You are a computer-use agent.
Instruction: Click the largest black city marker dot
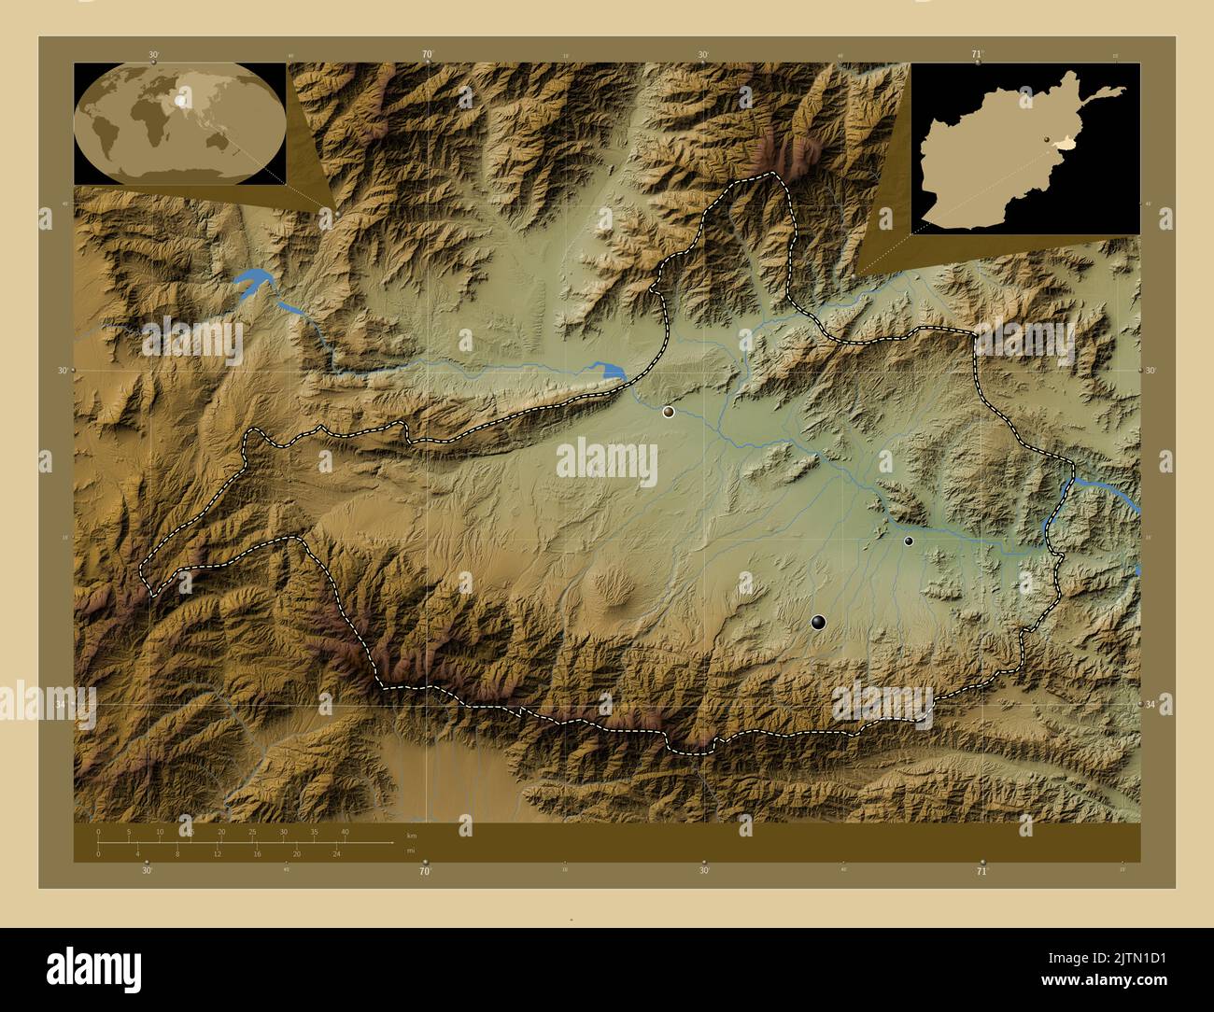click(x=819, y=622)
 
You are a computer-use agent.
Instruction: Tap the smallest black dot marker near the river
click(x=909, y=541)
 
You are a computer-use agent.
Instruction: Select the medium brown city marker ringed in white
click(x=669, y=411)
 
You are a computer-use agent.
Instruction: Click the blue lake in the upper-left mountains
click(x=251, y=282)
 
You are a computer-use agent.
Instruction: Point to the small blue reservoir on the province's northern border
click(x=612, y=372)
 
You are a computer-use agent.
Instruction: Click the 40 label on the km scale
click(x=345, y=831)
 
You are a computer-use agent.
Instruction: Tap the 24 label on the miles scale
click(x=336, y=853)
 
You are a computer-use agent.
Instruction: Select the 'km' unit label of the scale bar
click(x=412, y=834)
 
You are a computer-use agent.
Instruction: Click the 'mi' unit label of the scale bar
click(x=411, y=850)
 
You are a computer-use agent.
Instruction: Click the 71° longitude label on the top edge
click(x=978, y=54)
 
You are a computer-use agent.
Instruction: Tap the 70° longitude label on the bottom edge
click(x=425, y=872)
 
